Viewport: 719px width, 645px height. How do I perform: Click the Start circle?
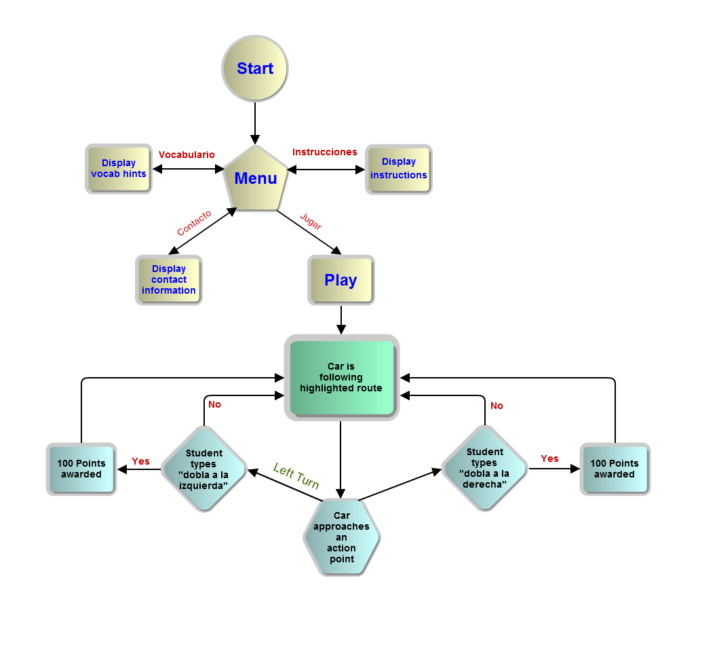pos(255,69)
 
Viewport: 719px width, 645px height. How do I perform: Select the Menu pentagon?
pos(256,179)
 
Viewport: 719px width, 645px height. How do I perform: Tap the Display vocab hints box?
pos(119,169)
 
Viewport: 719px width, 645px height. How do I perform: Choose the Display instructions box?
pos(399,169)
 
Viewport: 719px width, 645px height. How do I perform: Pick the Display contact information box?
pos(169,280)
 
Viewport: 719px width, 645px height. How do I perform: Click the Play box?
pos(341,280)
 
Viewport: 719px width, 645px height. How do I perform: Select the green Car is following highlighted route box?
pos(341,378)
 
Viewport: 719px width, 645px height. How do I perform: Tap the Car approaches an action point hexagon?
pos(341,537)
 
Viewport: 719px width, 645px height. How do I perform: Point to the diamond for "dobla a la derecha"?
pos(484,468)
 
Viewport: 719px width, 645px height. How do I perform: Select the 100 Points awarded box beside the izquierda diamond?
pos(81,469)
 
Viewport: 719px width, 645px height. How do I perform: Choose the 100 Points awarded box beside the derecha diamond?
pos(615,469)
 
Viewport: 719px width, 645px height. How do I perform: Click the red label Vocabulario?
pos(187,155)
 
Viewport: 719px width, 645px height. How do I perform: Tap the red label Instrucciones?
pos(324,152)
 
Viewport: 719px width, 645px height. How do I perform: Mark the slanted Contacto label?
pos(194,223)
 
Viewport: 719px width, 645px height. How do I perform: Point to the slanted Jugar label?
pos(311,221)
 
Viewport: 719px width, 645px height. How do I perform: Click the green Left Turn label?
pos(296,476)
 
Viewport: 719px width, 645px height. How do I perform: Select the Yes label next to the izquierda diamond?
pos(140,461)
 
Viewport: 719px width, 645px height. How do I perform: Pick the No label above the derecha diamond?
pos(497,406)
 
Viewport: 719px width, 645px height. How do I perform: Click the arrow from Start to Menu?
pos(255,122)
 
